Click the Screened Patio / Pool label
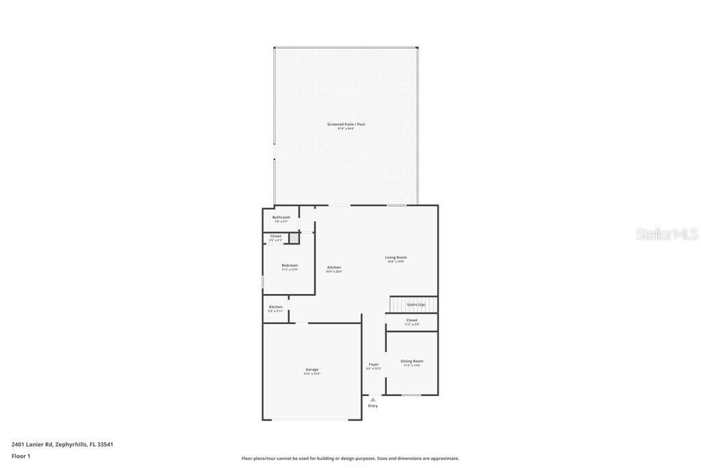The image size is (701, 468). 346,125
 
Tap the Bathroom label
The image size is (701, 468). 281,217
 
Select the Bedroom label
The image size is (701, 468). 290,265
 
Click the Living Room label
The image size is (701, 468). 396,258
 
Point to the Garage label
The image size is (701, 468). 311,369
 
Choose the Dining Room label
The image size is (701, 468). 411,361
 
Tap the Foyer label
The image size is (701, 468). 374,365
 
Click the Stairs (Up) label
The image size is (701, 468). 416,304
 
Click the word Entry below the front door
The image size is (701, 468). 373,406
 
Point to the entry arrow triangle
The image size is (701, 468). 373,399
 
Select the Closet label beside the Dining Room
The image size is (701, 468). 411,320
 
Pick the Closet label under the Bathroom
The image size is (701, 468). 275,236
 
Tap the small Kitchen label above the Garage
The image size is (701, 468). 275,307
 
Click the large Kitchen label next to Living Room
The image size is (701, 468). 334,267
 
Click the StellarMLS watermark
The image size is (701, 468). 666,234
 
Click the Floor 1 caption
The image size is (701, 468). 21,456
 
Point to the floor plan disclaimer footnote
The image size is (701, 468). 350,458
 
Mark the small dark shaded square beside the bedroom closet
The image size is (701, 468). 294,238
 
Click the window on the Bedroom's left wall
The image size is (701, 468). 263,282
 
